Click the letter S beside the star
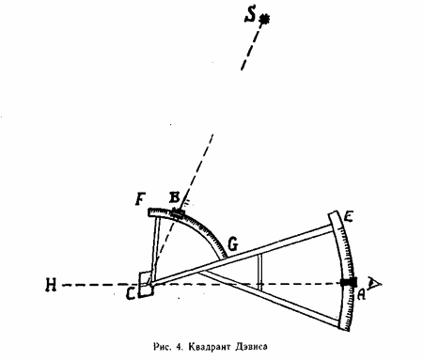(250, 15)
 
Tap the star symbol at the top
(265, 20)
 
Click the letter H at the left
(51, 285)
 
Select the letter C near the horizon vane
(132, 293)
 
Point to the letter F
(141, 199)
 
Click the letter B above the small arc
(174, 198)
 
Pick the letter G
(233, 244)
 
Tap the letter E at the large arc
(349, 217)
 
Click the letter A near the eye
(361, 293)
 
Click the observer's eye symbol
(374, 283)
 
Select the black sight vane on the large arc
(349, 282)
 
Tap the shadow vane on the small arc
(178, 214)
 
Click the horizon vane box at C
(147, 284)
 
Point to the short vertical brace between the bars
(259, 271)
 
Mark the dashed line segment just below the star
(251, 47)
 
